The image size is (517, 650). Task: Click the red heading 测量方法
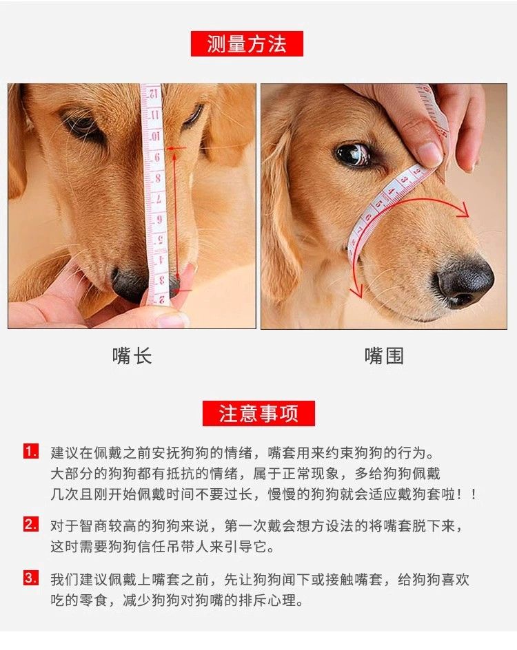tap(247, 43)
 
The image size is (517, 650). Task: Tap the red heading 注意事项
tap(258, 413)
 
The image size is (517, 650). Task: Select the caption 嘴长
tap(132, 356)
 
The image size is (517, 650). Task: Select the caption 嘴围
tap(384, 356)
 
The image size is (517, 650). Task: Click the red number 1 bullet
tap(31, 452)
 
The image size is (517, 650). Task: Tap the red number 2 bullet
tap(31, 525)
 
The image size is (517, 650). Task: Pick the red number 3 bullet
tap(31, 578)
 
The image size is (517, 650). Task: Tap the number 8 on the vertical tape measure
tap(157, 178)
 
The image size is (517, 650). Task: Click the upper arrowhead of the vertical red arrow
tap(174, 156)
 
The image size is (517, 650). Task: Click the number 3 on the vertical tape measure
tap(161, 280)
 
